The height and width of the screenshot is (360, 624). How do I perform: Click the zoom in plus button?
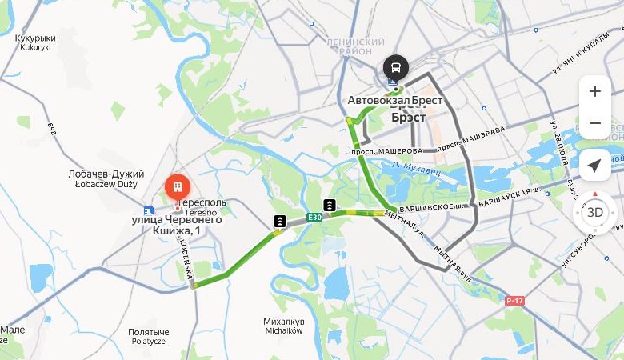click(x=594, y=91)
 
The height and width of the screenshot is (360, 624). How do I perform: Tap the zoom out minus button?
click(x=594, y=123)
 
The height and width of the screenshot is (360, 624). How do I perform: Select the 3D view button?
click(x=594, y=212)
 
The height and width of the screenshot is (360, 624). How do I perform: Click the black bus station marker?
click(x=395, y=66)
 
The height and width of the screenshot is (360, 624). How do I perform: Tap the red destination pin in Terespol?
click(x=177, y=188)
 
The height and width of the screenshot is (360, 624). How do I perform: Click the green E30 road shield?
click(x=314, y=217)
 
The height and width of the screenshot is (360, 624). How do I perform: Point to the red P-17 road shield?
click(x=515, y=301)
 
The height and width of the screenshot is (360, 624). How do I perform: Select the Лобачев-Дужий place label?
click(x=106, y=178)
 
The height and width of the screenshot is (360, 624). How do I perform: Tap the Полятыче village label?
click(x=148, y=336)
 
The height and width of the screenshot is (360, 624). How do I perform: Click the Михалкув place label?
click(x=283, y=326)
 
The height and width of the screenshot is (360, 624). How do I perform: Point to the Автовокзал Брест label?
click(x=395, y=101)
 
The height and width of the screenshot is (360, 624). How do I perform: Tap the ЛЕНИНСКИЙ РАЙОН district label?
click(x=355, y=46)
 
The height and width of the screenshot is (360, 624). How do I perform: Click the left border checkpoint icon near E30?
click(x=280, y=221)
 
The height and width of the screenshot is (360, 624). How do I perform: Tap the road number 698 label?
click(x=52, y=129)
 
